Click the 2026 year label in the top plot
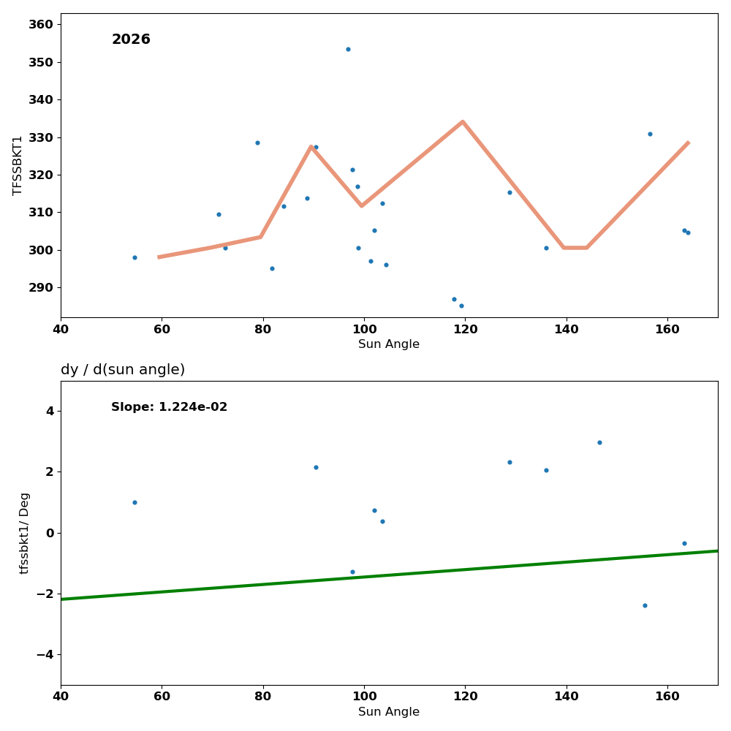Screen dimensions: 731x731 tap(131, 40)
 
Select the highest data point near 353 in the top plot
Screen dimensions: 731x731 tap(348, 50)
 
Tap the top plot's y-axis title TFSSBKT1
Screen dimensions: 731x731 tap(18, 165)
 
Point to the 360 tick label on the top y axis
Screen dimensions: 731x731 tap(40, 25)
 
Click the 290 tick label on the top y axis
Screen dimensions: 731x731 tap(40, 288)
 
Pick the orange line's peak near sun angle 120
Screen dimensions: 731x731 tap(463, 122)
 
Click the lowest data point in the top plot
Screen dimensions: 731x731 tap(461, 306)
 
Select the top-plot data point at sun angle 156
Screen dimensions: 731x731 tap(650, 134)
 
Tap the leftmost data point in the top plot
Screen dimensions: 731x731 tap(135, 257)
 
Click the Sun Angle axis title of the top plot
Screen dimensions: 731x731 tap(389, 344)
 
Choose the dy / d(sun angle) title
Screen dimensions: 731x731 tap(123, 370)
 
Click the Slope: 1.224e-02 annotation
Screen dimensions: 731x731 tap(170, 407)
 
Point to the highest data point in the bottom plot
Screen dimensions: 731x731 tap(599, 442)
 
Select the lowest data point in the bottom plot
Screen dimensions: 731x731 tap(645, 605)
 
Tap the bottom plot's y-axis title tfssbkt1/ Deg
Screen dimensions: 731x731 tap(25, 533)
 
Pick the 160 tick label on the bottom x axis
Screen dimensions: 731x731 tap(667, 697)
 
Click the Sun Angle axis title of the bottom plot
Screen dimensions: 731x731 tap(389, 712)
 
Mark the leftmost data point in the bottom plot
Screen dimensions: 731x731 tap(135, 502)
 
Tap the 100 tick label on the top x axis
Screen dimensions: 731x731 tap(364, 329)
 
